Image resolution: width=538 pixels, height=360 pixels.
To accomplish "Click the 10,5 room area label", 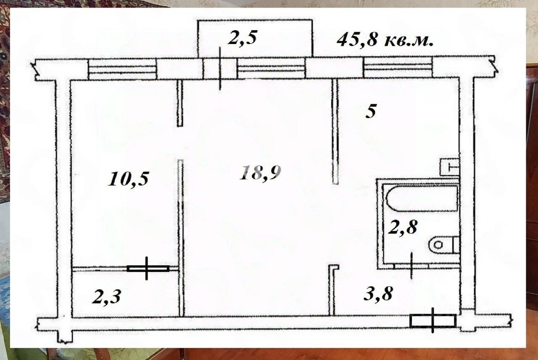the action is (129, 179).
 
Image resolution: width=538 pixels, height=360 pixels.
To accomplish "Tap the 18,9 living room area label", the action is (260, 172).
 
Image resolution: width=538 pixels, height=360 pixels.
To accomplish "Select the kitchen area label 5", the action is (370, 112).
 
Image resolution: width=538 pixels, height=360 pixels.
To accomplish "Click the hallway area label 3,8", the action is (378, 294).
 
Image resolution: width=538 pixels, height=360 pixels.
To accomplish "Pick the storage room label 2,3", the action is (107, 297).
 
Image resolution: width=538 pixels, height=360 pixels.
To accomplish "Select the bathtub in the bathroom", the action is (422, 198).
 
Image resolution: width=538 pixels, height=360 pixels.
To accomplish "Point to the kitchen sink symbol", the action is (450, 167).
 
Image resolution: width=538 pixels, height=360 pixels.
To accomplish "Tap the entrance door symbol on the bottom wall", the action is (433, 321).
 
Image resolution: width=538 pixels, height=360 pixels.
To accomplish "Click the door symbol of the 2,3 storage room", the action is (148, 268).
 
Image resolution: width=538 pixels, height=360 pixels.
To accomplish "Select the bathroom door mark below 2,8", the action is (411, 265).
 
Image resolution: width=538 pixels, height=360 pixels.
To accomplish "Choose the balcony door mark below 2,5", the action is (220, 69).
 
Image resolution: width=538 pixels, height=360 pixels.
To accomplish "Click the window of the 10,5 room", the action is (122, 69).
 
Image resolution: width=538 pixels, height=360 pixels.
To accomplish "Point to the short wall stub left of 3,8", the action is (332, 290).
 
